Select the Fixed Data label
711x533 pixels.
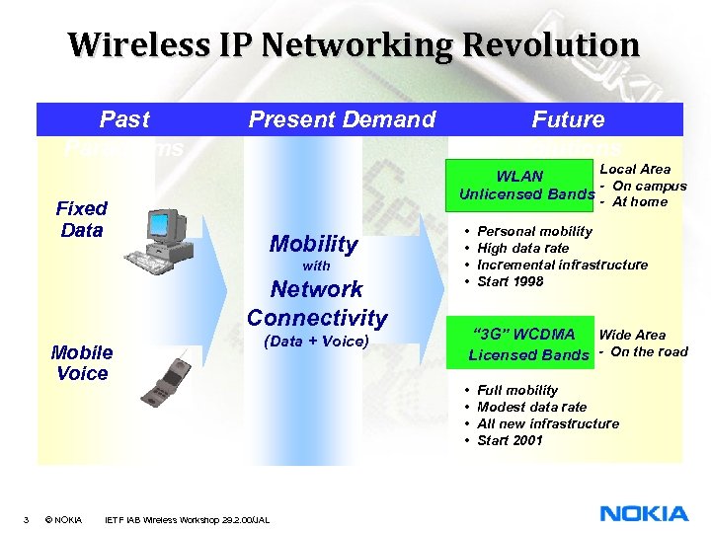coord(82,219)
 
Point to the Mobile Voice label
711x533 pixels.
coord(82,362)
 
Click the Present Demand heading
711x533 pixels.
coord(342,119)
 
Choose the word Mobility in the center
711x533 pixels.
coord(313,243)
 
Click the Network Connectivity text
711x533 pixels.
coord(317,303)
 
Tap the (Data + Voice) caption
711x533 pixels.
coord(317,342)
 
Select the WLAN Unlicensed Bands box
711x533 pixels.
coord(520,185)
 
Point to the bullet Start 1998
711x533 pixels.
coord(510,281)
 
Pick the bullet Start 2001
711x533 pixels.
coord(510,440)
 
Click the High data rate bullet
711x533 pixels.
coord(522,248)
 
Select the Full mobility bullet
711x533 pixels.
coord(516,390)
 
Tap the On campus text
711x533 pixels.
coord(649,186)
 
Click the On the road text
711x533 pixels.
coord(649,351)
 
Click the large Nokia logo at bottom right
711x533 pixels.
coord(644,513)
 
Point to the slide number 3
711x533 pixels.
coord(26,519)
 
